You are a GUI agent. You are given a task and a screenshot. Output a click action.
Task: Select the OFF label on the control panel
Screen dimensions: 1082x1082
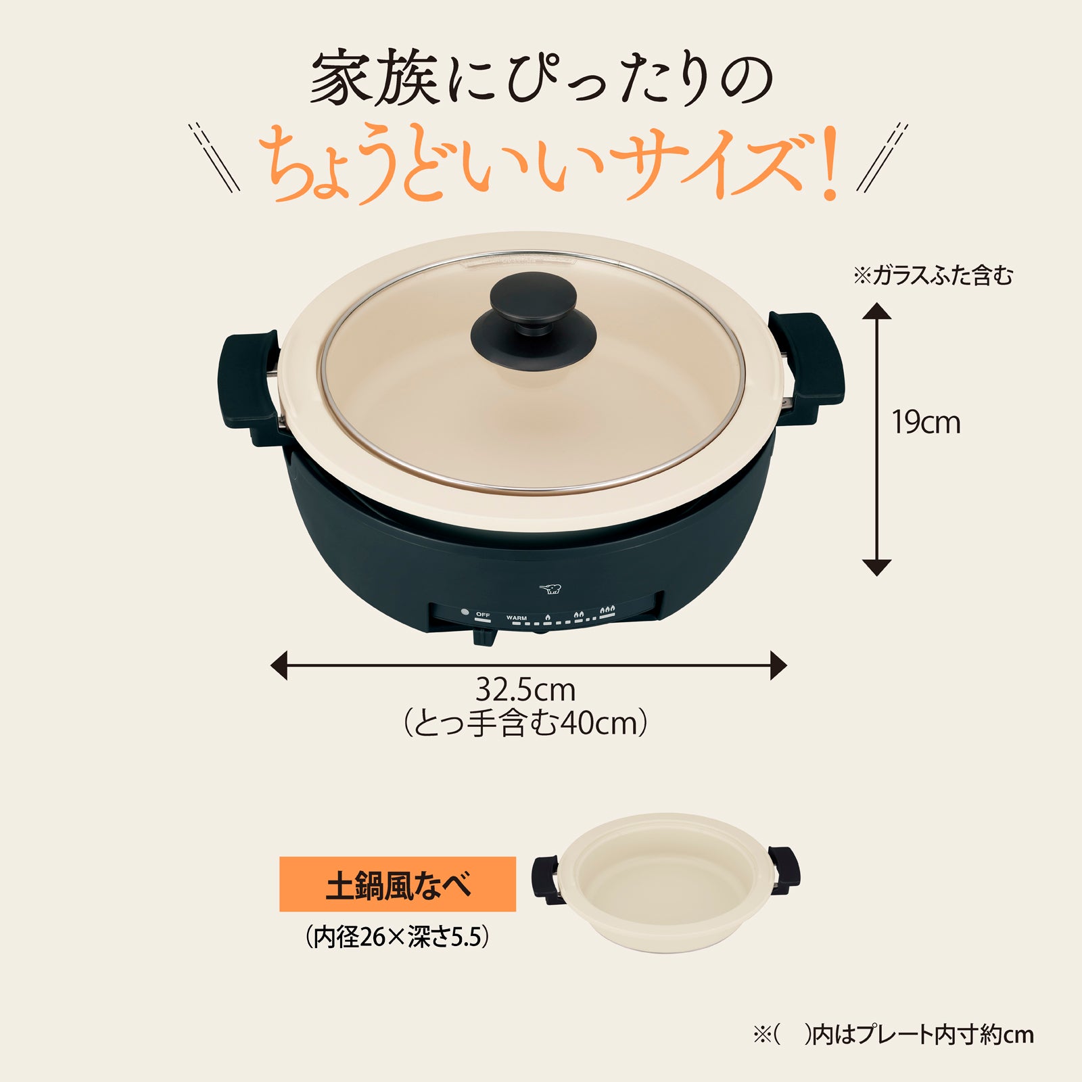482,615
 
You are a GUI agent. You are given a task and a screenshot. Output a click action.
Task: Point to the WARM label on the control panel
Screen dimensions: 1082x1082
516,618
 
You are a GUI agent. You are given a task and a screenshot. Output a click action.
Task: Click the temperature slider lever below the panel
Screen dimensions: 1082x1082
484,636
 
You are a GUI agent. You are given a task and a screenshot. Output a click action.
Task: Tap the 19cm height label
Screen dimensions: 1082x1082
925,423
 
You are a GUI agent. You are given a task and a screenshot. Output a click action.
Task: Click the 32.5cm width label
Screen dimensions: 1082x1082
525,690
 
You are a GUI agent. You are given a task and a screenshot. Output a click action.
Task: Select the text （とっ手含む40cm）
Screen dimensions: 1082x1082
525,724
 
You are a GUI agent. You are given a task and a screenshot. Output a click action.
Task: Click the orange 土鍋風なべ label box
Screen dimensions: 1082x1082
398,885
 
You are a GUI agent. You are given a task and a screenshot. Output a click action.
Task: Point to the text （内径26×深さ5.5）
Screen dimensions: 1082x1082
397,937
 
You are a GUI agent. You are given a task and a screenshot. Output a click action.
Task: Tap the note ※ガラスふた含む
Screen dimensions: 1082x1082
933,276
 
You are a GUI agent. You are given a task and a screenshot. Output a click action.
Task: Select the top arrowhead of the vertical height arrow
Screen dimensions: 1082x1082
876,312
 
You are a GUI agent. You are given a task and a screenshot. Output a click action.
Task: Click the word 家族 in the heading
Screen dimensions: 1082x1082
375,80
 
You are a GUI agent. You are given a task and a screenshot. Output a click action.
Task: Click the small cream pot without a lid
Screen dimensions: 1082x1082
666,883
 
